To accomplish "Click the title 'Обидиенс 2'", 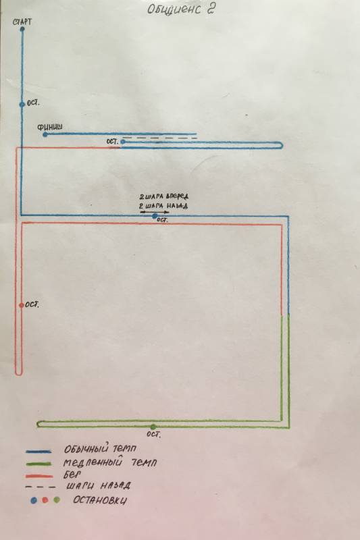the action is click(x=181, y=9).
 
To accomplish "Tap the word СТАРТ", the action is click(x=22, y=22).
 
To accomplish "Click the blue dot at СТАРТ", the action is click(x=22, y=29).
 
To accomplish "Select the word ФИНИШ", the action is click(x=50, y=127).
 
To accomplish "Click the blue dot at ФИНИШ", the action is click(x=45, y=134).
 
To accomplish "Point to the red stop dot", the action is click(x=22, y=305).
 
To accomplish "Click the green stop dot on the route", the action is click(x=153, y=427).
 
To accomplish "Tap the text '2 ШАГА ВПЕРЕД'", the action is click(x=164, y=196).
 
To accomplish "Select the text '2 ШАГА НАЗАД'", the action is click(x=163, y=206).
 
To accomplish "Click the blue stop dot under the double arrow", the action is click(x=155, y=216).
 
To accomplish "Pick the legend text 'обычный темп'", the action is click(x=100, y=449).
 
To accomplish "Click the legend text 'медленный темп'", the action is click(x=109, y=462).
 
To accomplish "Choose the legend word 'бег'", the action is click(x=72, y=475).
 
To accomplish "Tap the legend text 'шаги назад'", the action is click(x=98, y=485).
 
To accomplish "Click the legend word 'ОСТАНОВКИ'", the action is click(x=99, y=500).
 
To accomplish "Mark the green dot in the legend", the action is click(x=57, y=500).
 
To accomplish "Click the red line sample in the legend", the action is click(x=39, y=477).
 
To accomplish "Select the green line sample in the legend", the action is click(x=38, y=464).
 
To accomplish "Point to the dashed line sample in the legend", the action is click(x=40, y=487).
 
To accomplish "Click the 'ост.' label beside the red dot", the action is click(x=32, y=305).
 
